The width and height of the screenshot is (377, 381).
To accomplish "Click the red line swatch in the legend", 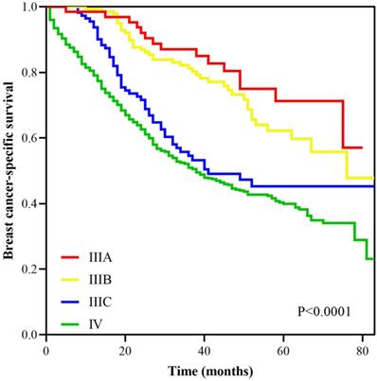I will coord(75,257).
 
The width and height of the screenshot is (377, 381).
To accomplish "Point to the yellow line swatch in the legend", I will coord(75,278).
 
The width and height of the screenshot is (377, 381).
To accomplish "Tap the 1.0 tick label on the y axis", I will coord(31,8).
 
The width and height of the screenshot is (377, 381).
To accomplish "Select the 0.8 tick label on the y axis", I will coord(31,73).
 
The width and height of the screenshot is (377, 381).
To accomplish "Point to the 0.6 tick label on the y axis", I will coord(31,139).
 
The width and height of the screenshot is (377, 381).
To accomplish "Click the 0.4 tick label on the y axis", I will coord(31,204).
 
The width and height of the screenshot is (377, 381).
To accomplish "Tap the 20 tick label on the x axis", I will coord(124,350).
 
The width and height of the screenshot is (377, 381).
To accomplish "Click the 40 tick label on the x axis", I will coord(205,350).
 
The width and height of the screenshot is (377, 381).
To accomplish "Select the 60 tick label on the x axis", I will coord(284,350).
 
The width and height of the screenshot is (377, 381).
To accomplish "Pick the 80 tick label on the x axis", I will coord(364,350).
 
